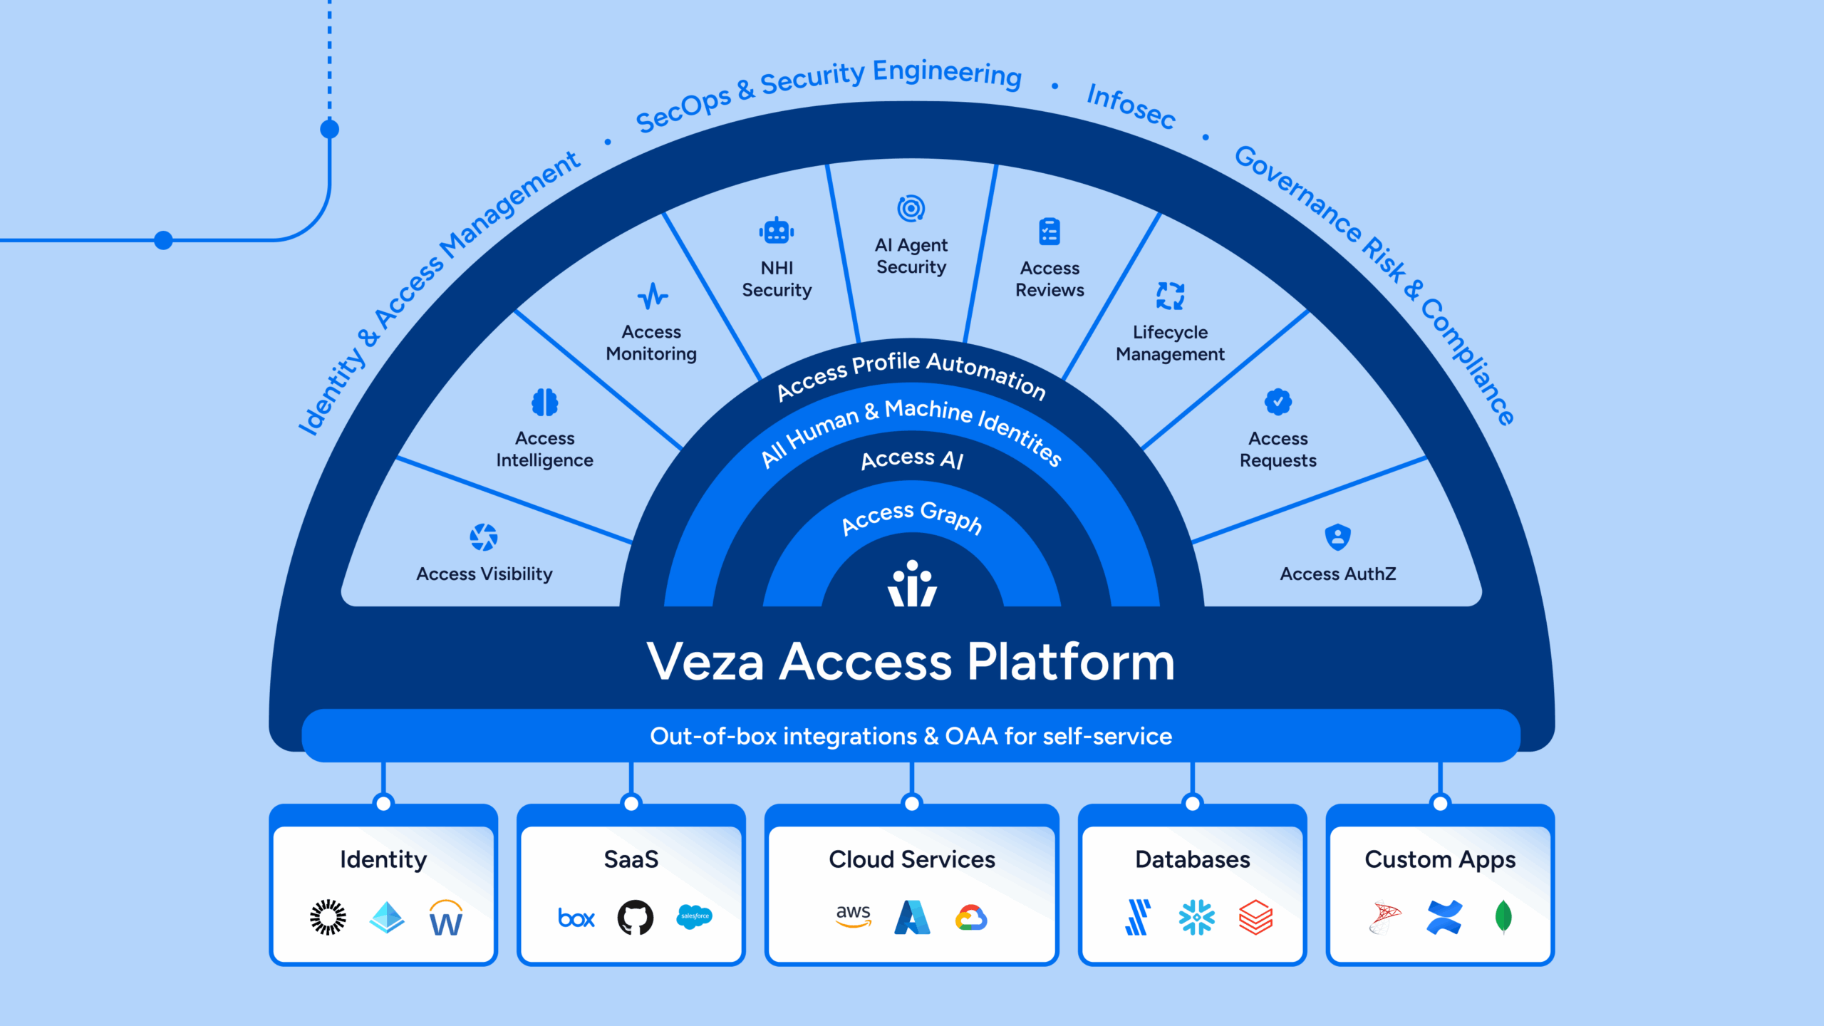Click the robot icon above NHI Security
tap(776, 232)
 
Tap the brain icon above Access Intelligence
tap(545, 403)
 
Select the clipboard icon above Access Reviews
tap(1050, 232)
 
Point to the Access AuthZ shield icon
tap(1337, 537)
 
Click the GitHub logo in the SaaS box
tap(635, 918)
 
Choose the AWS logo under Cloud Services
tap(853, 916)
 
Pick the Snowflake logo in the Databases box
tap(1196, 918)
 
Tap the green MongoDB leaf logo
tap(1503, 917)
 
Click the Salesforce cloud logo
tap(694, 917)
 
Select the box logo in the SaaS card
tap(576, 918)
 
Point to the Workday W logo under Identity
tap(446, 918)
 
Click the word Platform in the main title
tap(1070, 663)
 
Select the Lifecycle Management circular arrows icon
tap(1170, 296)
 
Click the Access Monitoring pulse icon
tap(652, 296)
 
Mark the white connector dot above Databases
tap(1192, 804)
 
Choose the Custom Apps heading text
tap(1440, 860)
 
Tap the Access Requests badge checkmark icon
tap(1278, 402)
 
